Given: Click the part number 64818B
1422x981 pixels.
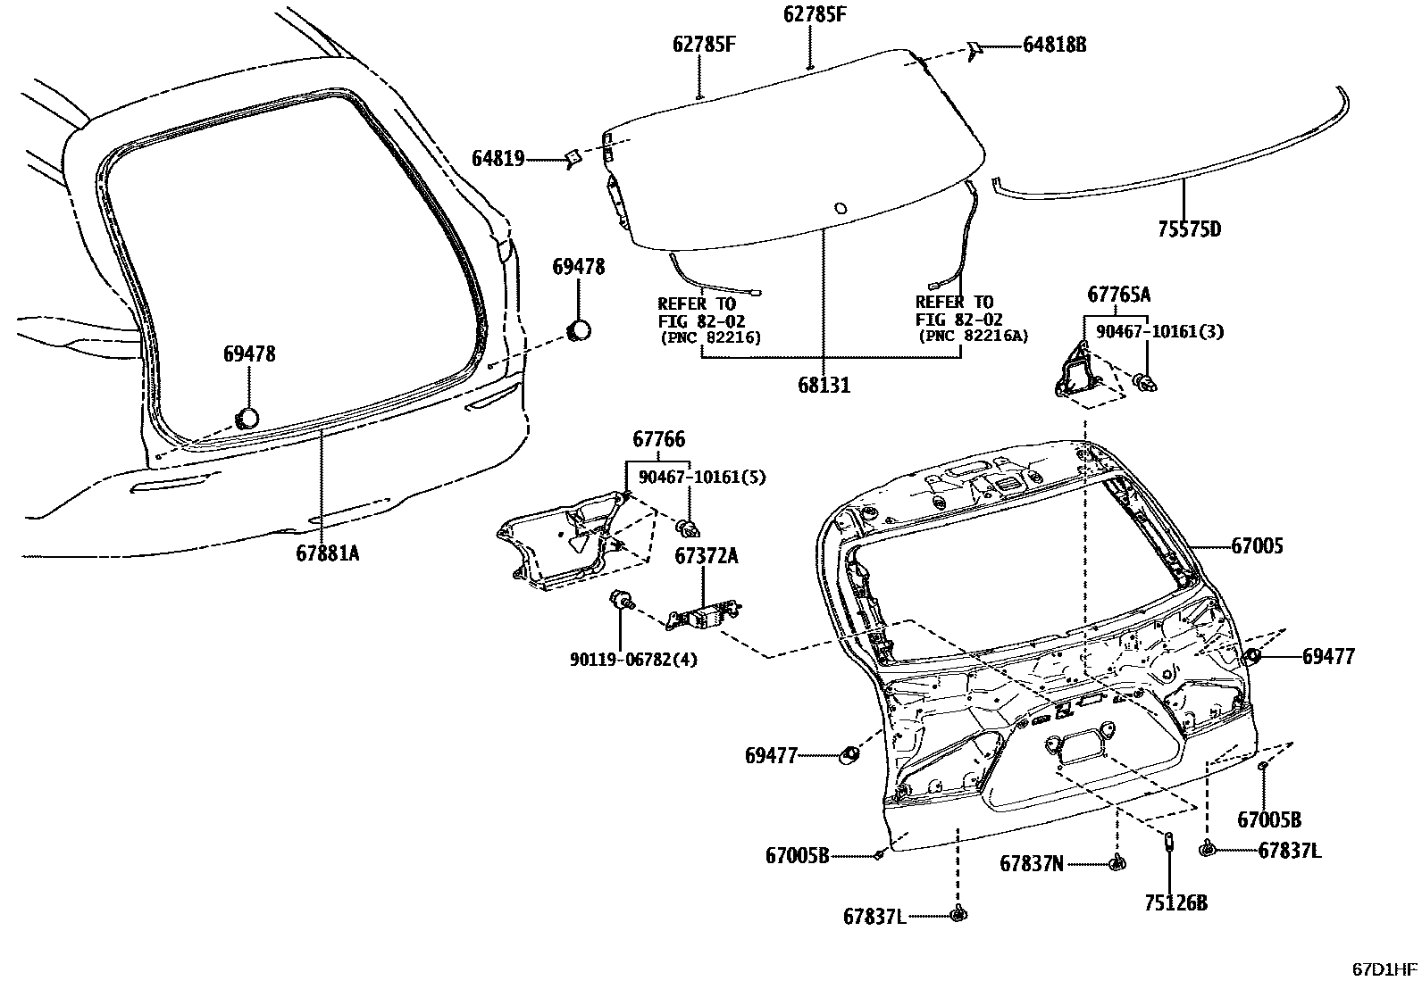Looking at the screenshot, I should tap(1055, 44).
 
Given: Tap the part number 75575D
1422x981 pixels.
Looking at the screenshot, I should tap(1189, 229).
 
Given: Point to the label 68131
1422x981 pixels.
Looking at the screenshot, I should tap(824, 386).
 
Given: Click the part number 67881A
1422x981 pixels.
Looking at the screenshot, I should tap(328, 553).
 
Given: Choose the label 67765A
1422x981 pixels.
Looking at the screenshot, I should tap(1118, 295).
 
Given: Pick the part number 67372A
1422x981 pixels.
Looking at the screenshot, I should tap(706, 555).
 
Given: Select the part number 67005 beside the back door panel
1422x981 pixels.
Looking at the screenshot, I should tap(1257, 545).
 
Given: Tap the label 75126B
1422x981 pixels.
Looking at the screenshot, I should tap(1175, 903).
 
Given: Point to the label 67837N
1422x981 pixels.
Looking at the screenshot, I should tap(1032, 863).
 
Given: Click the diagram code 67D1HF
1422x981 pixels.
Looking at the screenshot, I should tap(1384, 969).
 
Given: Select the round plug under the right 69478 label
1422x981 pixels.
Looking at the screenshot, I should tap(580, 330).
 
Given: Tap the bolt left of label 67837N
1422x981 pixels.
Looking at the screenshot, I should tap(1116, 862).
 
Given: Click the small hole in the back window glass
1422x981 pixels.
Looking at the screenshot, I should tap(840, 209).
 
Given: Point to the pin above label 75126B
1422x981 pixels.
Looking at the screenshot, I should tap(1168, 841).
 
